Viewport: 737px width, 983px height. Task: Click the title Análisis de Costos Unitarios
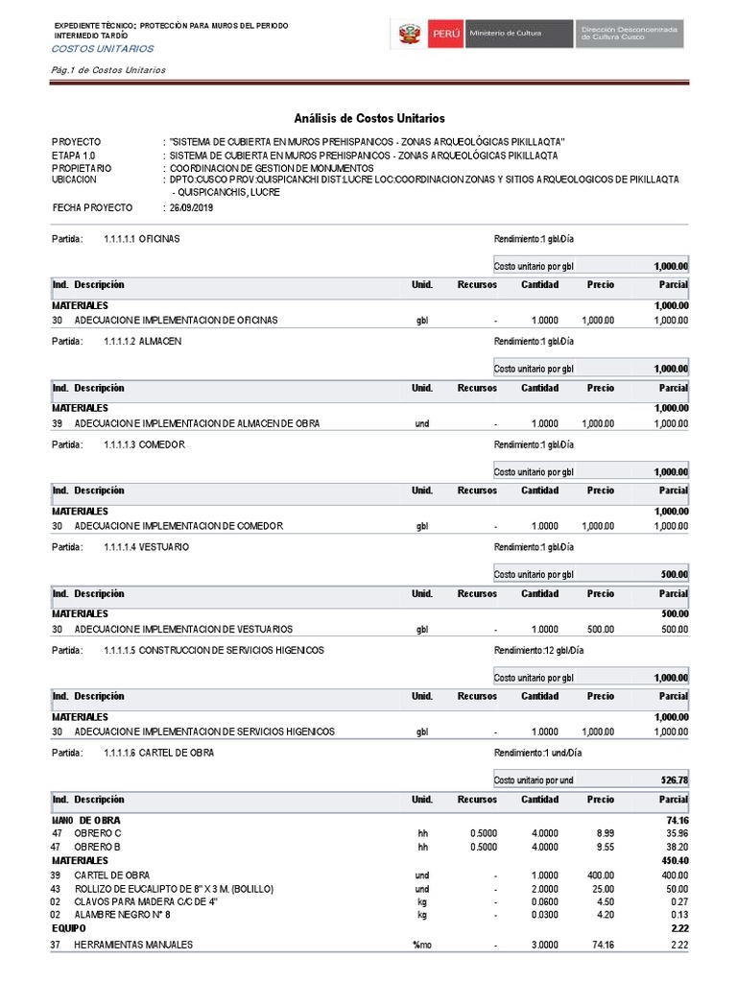369,118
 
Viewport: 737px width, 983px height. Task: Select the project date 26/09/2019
190,208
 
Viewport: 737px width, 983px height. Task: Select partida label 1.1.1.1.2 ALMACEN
142,341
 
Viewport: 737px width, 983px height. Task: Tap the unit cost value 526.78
675,780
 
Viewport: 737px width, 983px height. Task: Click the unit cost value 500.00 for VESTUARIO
675,574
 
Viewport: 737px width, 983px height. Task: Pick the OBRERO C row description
98,833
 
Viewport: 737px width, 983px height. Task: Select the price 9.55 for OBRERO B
604,847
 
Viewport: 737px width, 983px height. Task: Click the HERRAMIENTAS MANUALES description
133,945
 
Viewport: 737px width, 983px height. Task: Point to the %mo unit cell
421,945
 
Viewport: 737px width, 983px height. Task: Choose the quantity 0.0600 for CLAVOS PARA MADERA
544,902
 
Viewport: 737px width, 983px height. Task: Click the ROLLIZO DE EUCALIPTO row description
174,889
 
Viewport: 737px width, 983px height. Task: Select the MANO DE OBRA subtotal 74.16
677,820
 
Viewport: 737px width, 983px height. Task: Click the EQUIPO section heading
68,929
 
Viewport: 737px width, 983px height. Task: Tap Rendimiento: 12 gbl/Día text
536,650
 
